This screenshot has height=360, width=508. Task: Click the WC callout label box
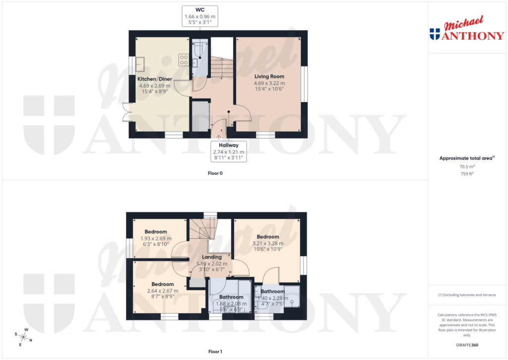[x=200, y=16]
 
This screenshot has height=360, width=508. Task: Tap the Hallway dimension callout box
[x=228, y=150]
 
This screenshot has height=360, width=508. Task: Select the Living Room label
[x=269, y=76]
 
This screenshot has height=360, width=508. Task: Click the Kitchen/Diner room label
[x=154, y=78]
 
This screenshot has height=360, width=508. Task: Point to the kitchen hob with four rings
[x=184, y=60]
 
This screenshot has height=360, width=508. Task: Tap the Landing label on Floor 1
[x=211, y=257]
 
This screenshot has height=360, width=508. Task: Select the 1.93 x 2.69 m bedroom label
[x=156, y=232]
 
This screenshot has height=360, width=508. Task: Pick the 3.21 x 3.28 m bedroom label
[x=268, y=237]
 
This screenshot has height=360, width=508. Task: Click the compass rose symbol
[x=24, y=338]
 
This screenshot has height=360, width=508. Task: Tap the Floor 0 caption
[x=215, y=173]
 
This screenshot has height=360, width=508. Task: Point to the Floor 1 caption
[x=215, y=352]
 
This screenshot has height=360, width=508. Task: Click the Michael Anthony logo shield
[x=435, y=34]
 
